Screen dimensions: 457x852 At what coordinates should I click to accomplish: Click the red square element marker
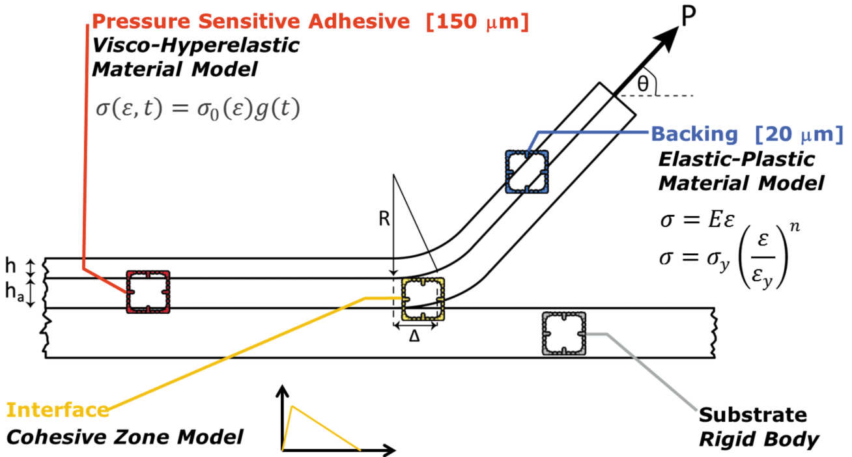click(148, 292)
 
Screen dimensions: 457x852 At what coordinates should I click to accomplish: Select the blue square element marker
click(526, 171)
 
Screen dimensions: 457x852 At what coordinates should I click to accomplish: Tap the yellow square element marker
click(423, 299)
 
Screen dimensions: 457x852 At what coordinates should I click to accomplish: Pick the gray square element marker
click(563, 333)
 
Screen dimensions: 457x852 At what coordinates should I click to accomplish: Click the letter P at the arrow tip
click(687, 18)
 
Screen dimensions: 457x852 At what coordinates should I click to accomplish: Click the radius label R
click(384, 219)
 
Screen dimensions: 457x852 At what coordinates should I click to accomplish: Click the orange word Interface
click(57, 410)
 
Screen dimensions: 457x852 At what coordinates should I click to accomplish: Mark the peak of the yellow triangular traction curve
click(292, 406)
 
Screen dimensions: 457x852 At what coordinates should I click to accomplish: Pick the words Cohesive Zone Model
click(124, 436)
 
